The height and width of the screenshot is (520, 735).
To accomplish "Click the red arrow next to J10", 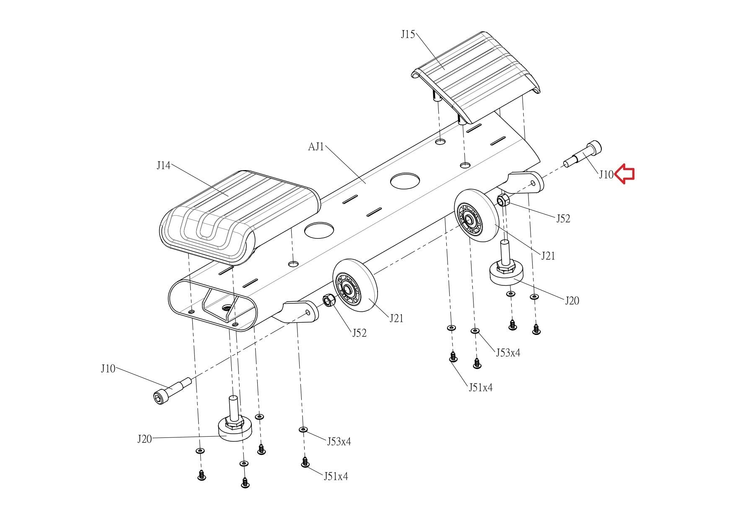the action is (x=624, y=174).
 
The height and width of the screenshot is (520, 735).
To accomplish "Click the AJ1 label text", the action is (x=316, y=147).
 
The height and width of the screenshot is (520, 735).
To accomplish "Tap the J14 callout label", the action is (x=163, y=166).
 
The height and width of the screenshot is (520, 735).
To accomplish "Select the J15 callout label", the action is (x=408, y=34).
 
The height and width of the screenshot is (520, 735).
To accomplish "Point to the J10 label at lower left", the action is (x=108, y=369).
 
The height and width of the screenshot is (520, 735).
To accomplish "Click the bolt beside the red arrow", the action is (x=583, y=154).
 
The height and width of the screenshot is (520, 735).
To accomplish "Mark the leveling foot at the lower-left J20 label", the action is (x=235, y=419).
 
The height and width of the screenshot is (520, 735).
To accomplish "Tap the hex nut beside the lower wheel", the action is (x=329, y=301).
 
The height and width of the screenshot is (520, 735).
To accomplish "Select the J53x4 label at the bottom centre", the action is (x=339, y=441).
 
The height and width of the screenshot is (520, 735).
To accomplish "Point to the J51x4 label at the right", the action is (x=481, y=388).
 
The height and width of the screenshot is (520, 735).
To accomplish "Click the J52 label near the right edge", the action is (x=563, y=219).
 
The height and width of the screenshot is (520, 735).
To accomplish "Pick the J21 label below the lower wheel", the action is (x=396, y=318).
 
